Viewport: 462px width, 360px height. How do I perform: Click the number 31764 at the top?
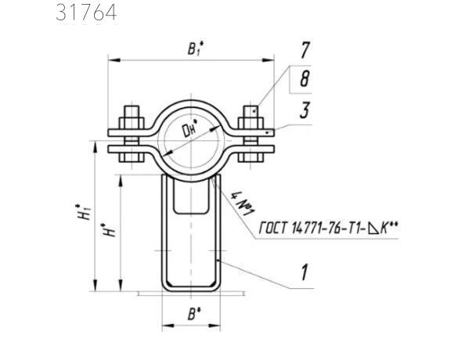tap(86, 13)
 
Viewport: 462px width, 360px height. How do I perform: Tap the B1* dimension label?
tap(196, 49)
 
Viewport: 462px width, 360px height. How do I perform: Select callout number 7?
tap(305, 50)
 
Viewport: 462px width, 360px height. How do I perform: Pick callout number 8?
tap(305, 79)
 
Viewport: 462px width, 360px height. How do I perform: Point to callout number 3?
tap(305, 110)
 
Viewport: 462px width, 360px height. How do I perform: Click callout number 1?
tap(305, 272)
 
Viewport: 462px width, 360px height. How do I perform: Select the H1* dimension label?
tap(83, 212)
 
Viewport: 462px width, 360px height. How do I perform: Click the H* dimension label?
tap(108, 230)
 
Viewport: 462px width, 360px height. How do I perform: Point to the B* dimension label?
tap(194, 314)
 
